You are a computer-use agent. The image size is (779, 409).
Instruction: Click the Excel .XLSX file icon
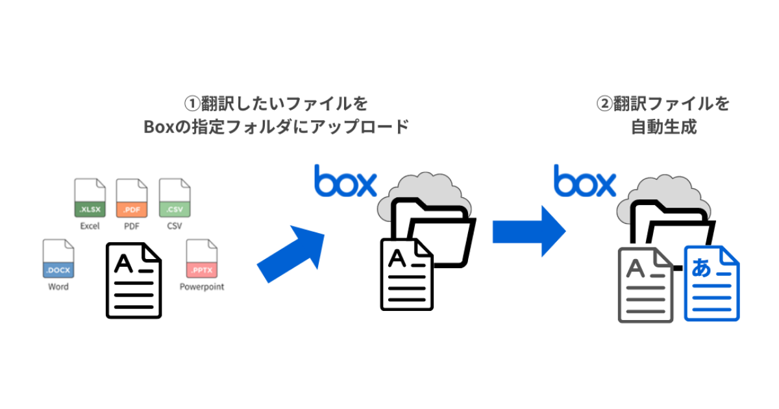coord(90,198)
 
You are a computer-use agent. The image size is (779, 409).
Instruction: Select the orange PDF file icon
coord(132,198)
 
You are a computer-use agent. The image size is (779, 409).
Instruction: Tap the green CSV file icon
coord(174,198)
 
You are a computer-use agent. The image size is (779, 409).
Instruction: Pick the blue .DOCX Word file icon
coord(58,258)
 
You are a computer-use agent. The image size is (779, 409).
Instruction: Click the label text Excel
coord(90,227)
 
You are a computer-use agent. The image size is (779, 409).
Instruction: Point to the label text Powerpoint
coord(202,286)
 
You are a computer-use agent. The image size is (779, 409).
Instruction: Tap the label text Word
coord(58,286)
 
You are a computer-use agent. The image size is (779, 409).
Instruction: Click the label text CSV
coord(174,227)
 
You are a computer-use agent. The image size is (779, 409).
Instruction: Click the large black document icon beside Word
coord(134,280)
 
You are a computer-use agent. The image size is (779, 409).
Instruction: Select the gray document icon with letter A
coord(645,285)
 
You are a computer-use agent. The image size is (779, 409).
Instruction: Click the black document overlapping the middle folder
coord(406,273)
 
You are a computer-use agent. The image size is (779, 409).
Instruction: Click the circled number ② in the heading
coord(604,104)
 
